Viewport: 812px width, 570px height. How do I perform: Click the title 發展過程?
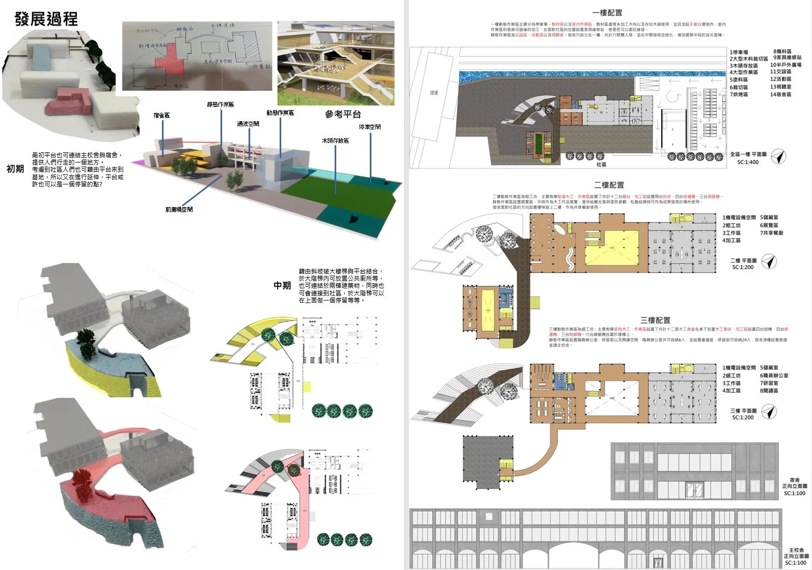46,19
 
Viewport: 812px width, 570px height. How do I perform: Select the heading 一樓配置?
607,13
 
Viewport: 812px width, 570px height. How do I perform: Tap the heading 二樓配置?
609,185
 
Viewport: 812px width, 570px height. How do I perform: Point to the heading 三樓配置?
655,320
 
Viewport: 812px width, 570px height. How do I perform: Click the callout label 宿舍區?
161,116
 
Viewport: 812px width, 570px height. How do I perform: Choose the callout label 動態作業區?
280,113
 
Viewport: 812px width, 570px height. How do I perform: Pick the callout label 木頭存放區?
335,141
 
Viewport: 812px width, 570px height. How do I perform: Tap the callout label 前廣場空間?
179,209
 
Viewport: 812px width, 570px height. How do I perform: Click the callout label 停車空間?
370,127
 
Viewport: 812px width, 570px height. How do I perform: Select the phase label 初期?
15,169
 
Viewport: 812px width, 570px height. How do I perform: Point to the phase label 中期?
282,285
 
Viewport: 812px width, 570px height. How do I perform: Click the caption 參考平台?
343,115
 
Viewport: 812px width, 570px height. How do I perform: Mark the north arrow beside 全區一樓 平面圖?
778,156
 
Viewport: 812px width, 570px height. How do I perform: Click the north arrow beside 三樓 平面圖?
769,412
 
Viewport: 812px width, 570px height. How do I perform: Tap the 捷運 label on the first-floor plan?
434,93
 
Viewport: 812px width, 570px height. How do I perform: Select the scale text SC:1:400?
748,162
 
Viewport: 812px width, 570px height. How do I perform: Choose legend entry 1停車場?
739,52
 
